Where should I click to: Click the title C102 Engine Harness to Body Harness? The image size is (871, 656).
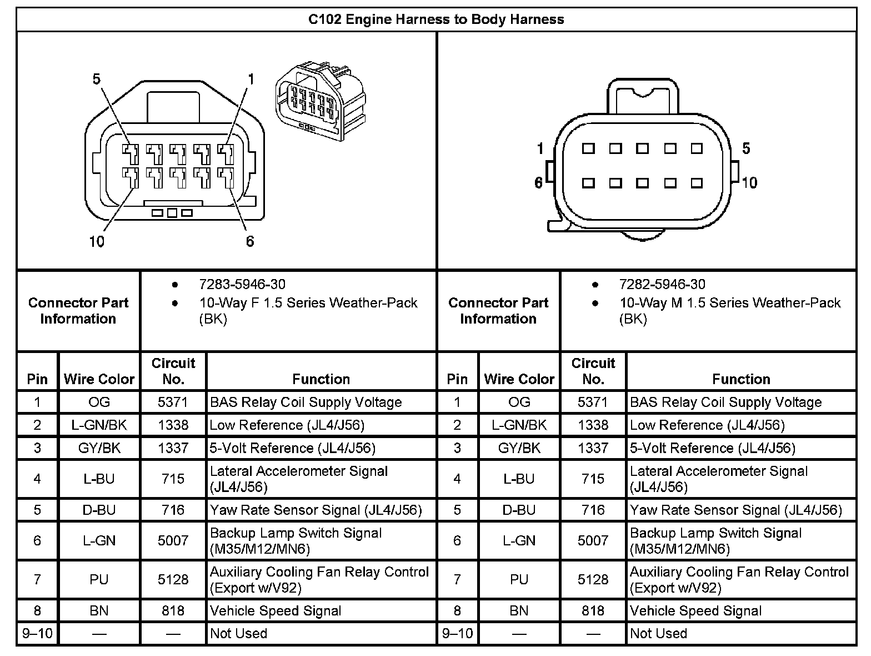pos(436,19)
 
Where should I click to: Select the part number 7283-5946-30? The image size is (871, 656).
pos(242,285)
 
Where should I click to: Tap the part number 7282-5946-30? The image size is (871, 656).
pos(662,285)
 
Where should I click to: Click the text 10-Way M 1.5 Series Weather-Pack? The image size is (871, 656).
pos(730,303)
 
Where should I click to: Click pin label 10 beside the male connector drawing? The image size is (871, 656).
pos(749,183)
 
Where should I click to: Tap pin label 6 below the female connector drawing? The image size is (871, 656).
pos(249,241)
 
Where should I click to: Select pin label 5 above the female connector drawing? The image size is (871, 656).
pos(97,79)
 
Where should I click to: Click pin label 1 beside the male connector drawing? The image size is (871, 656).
pos(540,148)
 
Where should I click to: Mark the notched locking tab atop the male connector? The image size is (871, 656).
pos(643,95)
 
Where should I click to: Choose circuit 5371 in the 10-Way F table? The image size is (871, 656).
pos(173,402)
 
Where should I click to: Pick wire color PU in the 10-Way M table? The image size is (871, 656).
pos(519,580)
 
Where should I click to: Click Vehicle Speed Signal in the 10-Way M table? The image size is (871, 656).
pos(695,611)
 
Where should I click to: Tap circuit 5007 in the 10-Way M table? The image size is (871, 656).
pos(593,540)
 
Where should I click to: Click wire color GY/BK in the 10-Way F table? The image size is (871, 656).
pos(99,448)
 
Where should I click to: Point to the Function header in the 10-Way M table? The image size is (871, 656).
pos(741,379)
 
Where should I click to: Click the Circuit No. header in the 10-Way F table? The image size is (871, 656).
pos(173,371)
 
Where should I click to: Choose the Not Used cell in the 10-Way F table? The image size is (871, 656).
pos(238,633)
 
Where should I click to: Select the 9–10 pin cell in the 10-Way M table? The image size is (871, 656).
pos(457,633)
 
